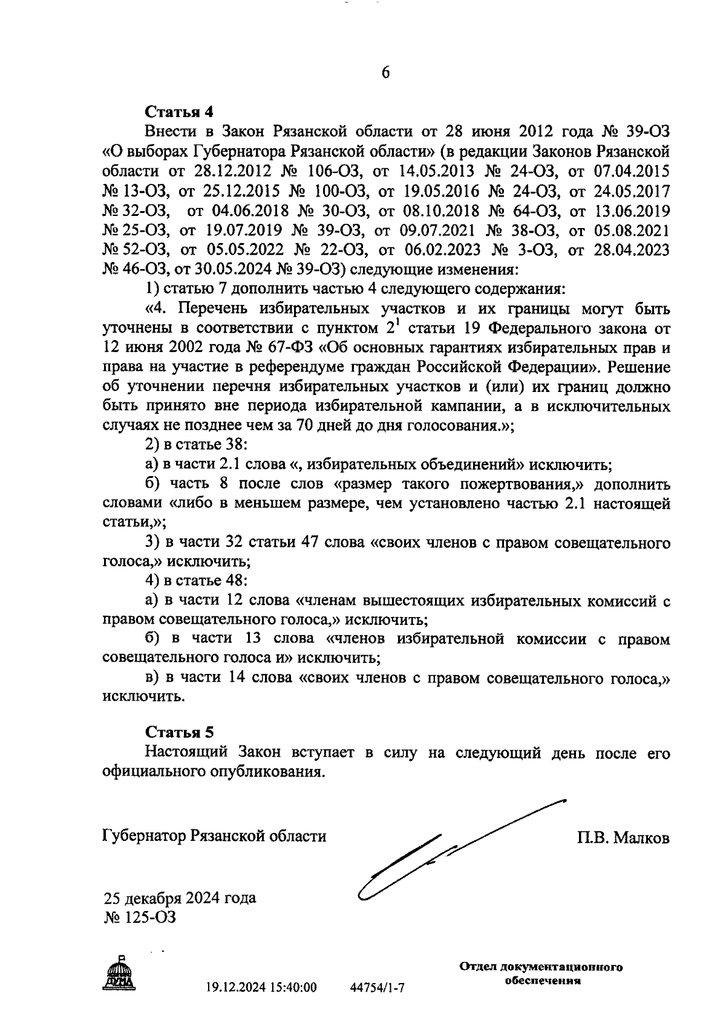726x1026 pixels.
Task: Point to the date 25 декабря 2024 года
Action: click(180, 898)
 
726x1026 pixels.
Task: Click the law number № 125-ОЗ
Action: click(140, 918)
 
